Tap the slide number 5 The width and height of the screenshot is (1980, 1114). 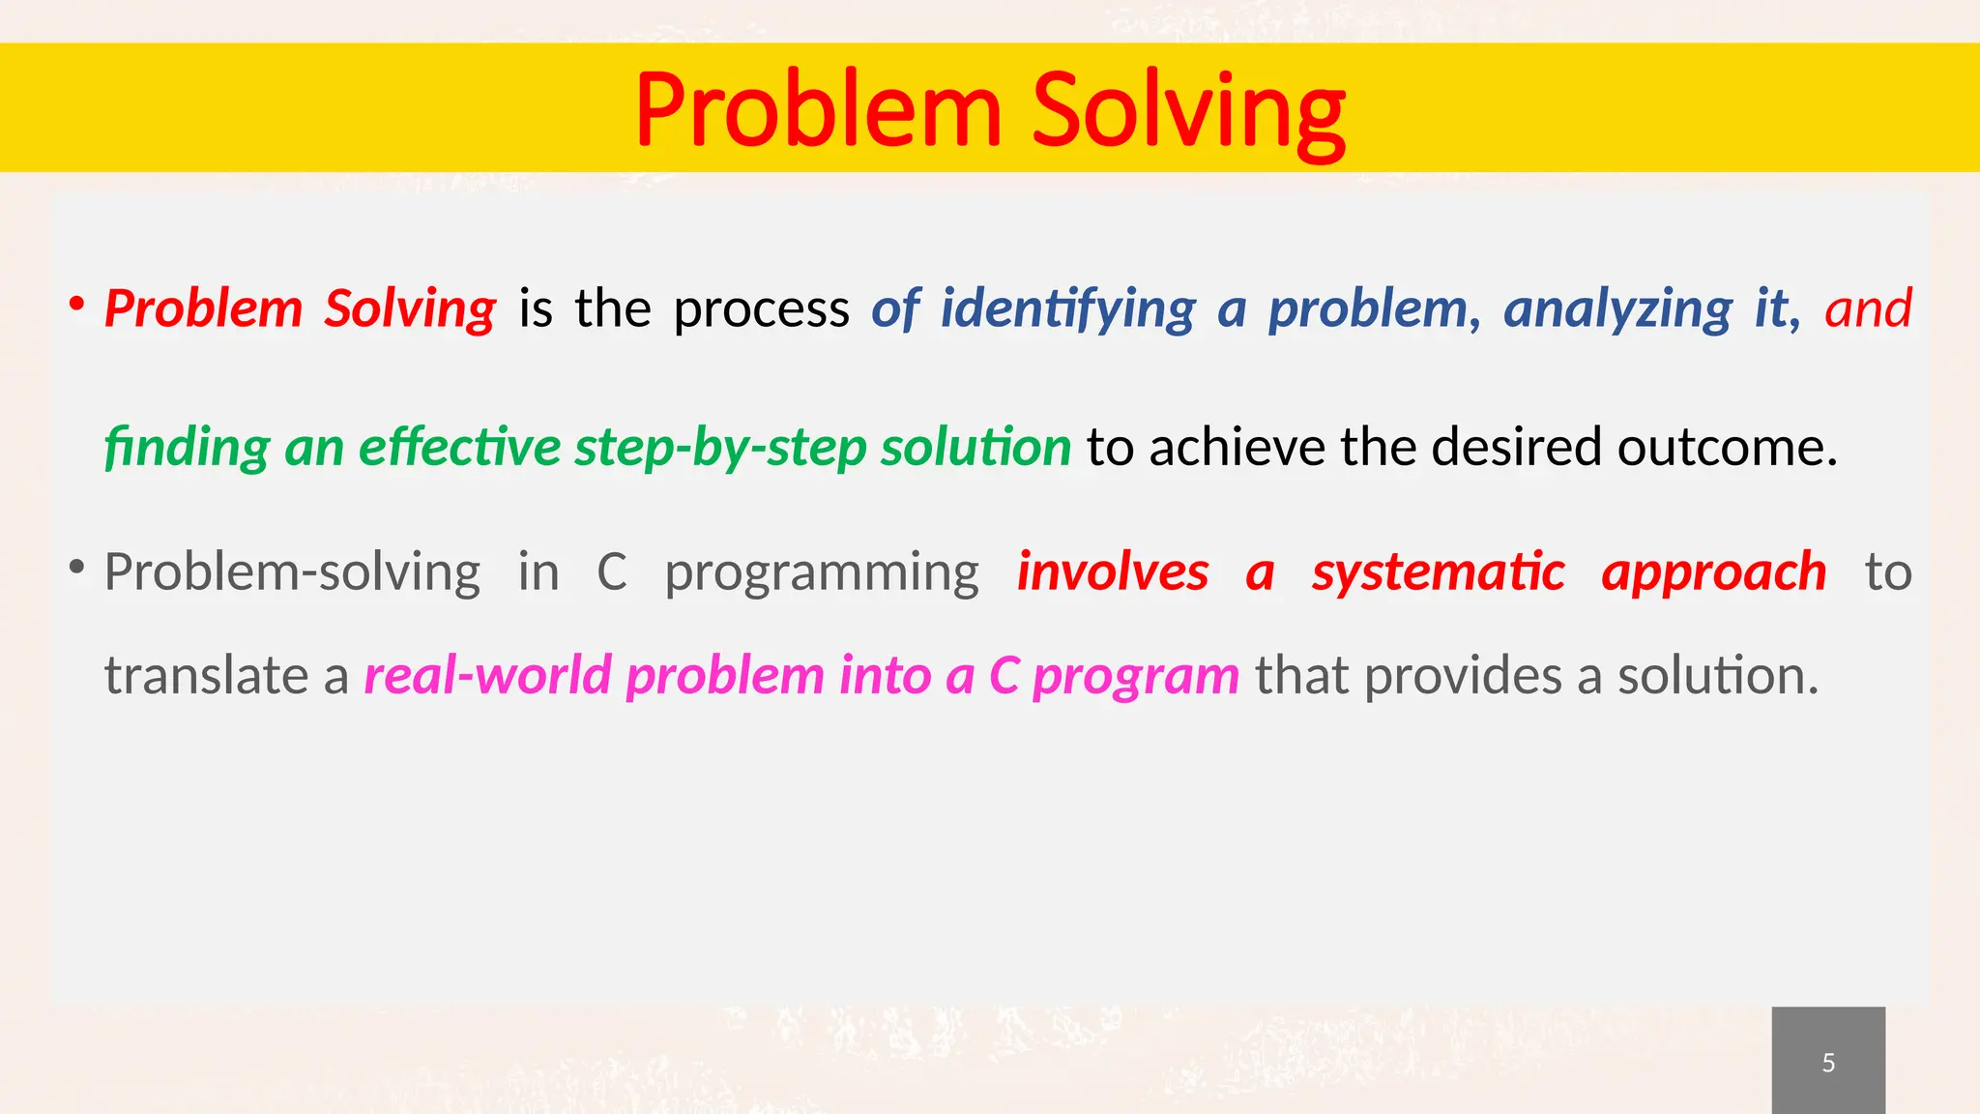coord(1828,1063)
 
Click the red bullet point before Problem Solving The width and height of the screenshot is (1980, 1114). coord(75,305)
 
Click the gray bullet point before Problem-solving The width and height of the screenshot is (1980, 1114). coord(75,568)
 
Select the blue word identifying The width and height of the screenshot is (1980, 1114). coord(1067,310)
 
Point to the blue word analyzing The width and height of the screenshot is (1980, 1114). coord(1617,310)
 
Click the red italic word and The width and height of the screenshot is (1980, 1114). coord(1868,308)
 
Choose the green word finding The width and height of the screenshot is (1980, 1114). coord(187,448)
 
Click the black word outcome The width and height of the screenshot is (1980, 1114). coord(1727,448)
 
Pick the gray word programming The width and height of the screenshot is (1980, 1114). coord(822,573)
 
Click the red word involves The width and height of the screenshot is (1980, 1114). coord(1112,572)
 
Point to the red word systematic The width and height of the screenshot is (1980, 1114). coord(1438,573)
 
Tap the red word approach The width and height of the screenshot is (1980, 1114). coord(1714,573)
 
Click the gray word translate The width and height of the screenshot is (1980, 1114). coord(206,675)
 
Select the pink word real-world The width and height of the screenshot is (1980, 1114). coord(487,675)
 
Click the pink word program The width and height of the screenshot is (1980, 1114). coord(1135,677)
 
